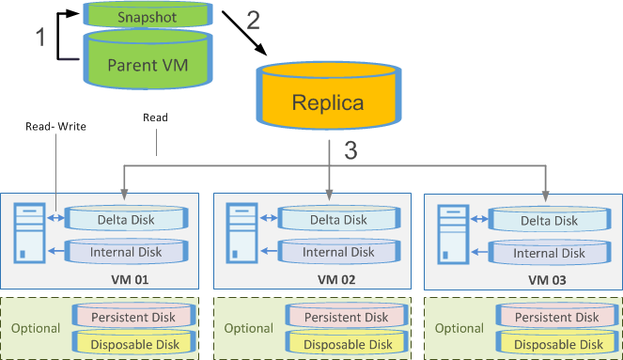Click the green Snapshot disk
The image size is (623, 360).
(x=139, y=15)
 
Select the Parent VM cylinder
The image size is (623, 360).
(x=139, y=65)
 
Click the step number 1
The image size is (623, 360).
(x=39, y=37)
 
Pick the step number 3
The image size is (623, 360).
(x=350, y=150)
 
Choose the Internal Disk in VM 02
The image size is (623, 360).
(x=337, y=252)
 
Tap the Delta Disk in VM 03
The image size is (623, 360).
(x=548, y=220)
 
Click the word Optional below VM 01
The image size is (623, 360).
(x=35, y=330)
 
